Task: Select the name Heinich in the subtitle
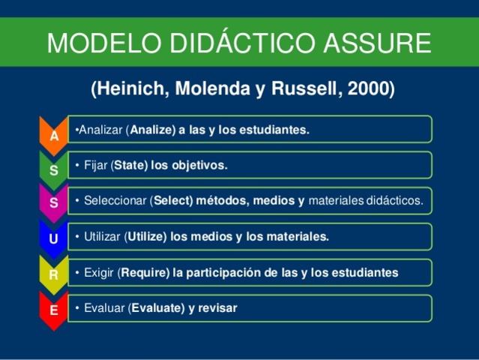131,89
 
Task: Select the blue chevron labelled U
53,239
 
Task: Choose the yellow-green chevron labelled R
53,274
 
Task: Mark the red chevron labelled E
53,308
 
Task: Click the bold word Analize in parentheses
151,130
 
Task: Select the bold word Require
144,272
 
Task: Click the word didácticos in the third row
394,200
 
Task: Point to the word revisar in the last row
217,307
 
